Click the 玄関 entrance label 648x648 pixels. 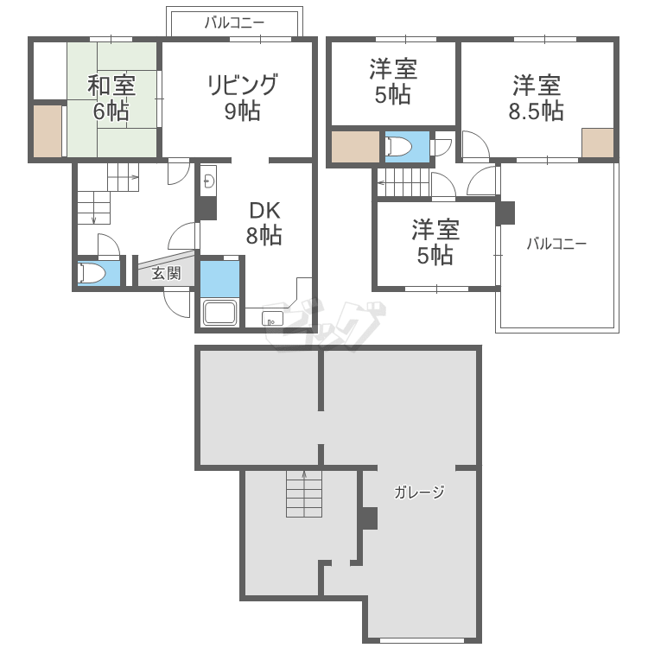166,275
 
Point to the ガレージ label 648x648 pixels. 419,493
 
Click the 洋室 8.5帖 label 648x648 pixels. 537,98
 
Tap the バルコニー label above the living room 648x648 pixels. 235,23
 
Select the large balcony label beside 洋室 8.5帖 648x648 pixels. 557,244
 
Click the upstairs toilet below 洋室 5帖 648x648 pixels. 401,147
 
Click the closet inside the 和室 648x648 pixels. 48,130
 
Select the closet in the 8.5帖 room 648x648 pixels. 598,143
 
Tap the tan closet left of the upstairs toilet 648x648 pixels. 355,147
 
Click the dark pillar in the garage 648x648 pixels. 369,518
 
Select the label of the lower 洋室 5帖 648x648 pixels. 435,242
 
